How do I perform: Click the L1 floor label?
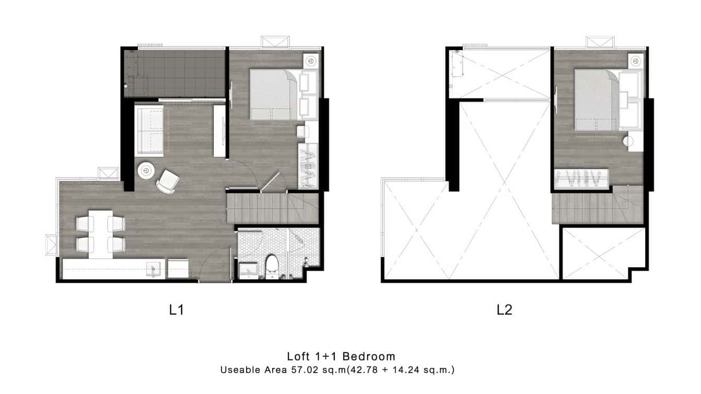[x=176, y=310]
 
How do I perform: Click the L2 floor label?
[x=504, y=310]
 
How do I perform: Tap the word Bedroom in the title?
[x=369, y=356]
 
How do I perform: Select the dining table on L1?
[x=100, y=234]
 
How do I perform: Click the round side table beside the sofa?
[x=146, y=171]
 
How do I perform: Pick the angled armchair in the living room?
[x=168, y=182]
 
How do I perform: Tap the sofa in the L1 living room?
[x=149, y=131]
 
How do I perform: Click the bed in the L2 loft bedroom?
[x=597, y=100]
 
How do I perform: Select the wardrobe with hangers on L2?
[x=581, y=179]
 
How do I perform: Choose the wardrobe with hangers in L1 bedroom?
[x=308, y=166]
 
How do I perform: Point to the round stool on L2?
[x=628, y=142]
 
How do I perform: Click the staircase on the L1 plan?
[x=273, y=208]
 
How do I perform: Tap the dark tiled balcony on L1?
[x=174, y=74]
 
